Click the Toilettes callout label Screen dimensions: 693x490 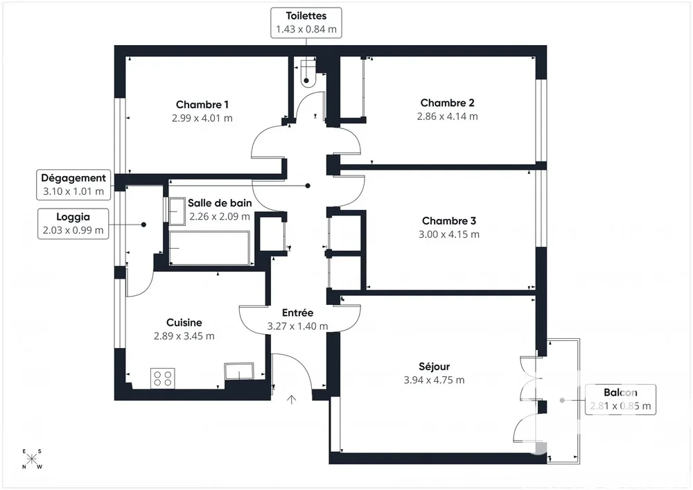[306, 23]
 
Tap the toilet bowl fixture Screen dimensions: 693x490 [308, 73]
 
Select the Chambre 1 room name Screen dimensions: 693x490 [202, 105]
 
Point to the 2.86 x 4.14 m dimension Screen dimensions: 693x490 [447, 116]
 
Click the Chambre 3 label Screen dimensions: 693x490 [449, 221]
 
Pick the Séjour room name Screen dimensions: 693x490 [434, 366]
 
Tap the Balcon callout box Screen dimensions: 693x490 [620, 399]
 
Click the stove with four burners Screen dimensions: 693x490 [163, 378]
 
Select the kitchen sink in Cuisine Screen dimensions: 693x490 [239, 371]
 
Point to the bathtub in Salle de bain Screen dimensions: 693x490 [209, 248]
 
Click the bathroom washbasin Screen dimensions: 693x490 [177, 211]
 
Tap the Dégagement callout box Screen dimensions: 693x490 [73, 184]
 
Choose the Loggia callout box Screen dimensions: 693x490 [73, 224]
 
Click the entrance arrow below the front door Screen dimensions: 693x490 [291, 399]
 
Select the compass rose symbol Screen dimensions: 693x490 [32, 459]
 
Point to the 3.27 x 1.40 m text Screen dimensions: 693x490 [297, 326]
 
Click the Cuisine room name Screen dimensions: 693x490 [184, 322]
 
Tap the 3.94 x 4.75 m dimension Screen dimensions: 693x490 [434, 380]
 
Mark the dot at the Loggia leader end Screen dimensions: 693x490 [143, 225]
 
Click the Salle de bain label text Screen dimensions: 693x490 [220, 203]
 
